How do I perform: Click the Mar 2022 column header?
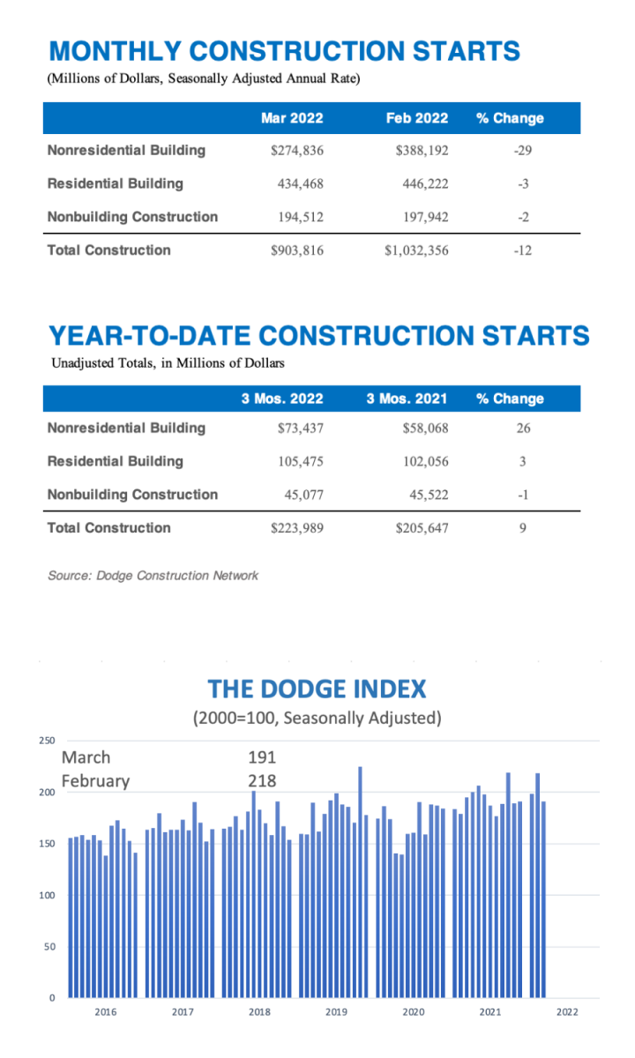pyautogui.click(x=292, y=118)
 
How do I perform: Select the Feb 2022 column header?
pyautogui.click(x=416, y=118)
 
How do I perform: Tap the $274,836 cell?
pyautogui.click(x=297, y=151)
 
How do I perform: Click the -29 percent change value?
pyautogui.click(x=522, y=151)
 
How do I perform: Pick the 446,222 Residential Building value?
pyautogui.click(x=422, y=184)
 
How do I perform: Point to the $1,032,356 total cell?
pyautogui.click(x=416, y=250)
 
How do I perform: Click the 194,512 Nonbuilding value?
pyautogui.click(x=298, y=217)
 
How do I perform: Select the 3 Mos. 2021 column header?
pyautogui.click(x=407, y=399)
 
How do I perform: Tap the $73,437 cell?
pyautogui.click(x=301, y=428)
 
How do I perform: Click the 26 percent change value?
pyautogui.click(x=523, y=428)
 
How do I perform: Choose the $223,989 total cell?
pyautogui.click(x=297, y=528)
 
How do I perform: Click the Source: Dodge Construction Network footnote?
pyautogui.click(x=153, y=576)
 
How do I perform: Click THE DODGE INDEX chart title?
pyautogui.click(x=317, y=689)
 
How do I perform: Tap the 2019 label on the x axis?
pyautogui.click(x=336, y=1012)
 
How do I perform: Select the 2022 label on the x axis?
pyautogui.click(x=567, y=1012)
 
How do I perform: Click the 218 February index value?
pyautogui.click(x=262, y=780)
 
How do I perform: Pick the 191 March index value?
pyautogui.click(x=262, y=757)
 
